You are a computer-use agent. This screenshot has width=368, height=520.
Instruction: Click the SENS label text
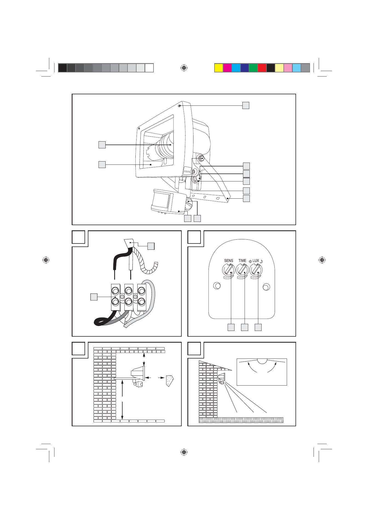[x=228, y=261]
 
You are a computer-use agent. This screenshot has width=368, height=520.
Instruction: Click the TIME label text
[x=242, y=261]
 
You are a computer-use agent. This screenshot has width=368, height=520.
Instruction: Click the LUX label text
[x=256, y=261]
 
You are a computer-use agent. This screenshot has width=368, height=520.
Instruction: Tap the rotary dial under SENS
[x=228, y=270]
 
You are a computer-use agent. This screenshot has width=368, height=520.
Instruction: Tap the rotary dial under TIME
[x=242, y=270]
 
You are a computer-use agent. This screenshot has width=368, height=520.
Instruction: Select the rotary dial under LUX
[x=256, y=270]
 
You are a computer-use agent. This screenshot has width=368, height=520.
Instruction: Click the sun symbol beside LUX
[x=250, y=261]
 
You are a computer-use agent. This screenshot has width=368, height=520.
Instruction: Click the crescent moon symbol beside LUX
[x=261, y=261]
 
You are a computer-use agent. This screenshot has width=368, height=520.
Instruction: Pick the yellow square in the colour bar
[x=219, y=68]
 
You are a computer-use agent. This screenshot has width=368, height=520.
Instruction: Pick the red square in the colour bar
[x=262, y=68]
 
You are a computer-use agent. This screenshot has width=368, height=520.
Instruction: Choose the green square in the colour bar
[x=253, y=68]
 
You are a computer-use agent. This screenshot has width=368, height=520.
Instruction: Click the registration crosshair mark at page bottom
[x=184, y=452]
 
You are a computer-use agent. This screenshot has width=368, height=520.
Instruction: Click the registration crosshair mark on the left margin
[x=46, y=260]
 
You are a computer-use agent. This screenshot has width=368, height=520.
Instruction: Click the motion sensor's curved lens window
[x=161, y=201]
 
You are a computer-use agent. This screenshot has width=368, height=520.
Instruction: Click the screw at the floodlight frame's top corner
[x=179, y=106]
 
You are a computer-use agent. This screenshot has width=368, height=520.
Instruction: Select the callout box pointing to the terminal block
[x=94, y=297]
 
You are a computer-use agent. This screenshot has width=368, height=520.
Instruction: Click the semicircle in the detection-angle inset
[x=262, y=361]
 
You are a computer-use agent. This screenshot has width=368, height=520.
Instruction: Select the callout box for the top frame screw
[x=246, y=105]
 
